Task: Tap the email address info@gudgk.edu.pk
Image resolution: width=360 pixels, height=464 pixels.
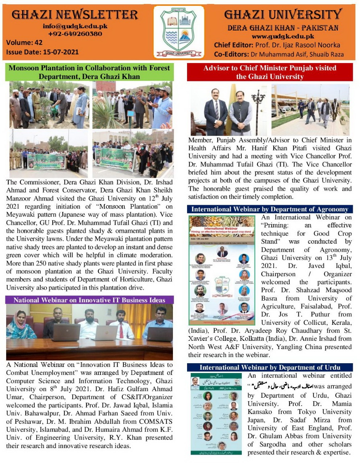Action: pyautogui.click(x=75, y=26)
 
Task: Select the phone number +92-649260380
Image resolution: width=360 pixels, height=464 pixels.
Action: pyautogui.click(x=75, y=34)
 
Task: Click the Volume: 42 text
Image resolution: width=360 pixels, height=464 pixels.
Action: pyautogui.click(x=24, y=42)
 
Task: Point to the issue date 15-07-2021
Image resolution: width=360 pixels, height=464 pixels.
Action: pyautogui.click(x=61, y=52)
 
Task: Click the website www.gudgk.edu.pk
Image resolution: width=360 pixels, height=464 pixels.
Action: pyautogui.click(x=283, y=36)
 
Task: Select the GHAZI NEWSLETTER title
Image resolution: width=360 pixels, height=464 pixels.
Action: pyautogui.click(x=75, y=15)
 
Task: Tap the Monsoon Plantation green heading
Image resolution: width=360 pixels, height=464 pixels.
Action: pyautogui.click(x=89, y=72)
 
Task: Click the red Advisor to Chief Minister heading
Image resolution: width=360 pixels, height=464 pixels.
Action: pyautogui.click(x=270, y=72)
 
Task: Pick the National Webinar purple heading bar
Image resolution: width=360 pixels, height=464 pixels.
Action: pyautogui.click(x=89, y=300)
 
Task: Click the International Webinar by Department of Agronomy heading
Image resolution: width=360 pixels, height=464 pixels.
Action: pyautogui.click(x=270, y=209)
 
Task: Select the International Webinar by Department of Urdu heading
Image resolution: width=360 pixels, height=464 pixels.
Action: pyautogui.click(x=270, y=367)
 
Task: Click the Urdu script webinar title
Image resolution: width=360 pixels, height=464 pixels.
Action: pyautogui.click(x=283, y=385)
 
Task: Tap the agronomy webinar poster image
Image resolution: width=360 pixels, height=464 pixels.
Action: pyautogui.click(x=222, y=269)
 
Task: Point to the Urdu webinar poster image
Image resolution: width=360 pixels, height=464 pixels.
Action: pyautogui.click(x=216, y=413)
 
